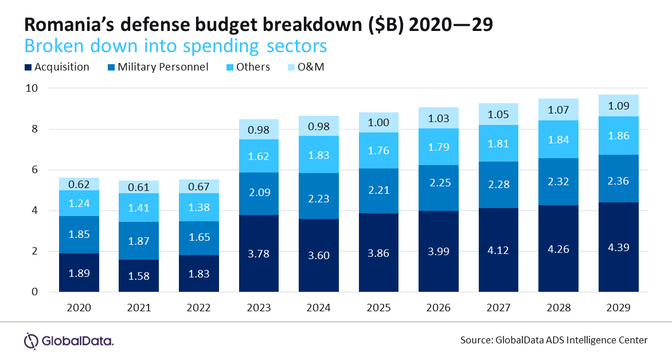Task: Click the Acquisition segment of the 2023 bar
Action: [x=259, y=253]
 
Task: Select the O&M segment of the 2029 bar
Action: [x=619, y=105]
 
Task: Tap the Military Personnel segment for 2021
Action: [x=139, y=240]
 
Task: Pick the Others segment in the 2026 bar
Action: [x=439, y=147]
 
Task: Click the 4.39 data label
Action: [x=619, y=247]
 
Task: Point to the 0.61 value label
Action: [x=139, y=187]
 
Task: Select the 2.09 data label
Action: [x=259, y=192]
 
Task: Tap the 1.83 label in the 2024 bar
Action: [x=319, y=155]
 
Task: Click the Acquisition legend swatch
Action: [x=28, y=67]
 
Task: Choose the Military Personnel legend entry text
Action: [x=163, y=67]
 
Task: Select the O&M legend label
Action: [x=311, y=67]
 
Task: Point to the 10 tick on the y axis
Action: [x=32, y=88]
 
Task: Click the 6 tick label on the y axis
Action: [x=35, y=170]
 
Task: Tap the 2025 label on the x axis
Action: [x=378, y=308]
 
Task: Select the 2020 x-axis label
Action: [x=79, y=308]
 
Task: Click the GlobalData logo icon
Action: [x=32, y=341]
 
